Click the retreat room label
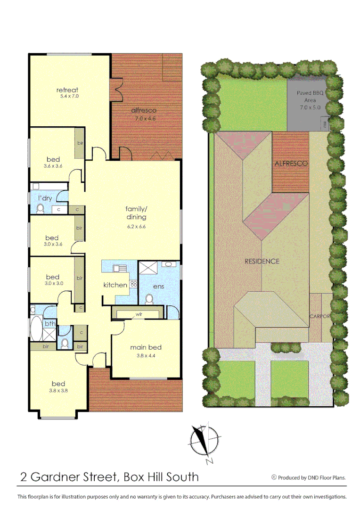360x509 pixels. [67, 90]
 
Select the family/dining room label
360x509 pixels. [136, 213]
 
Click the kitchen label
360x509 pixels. [115, 285]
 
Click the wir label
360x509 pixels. [140, 313]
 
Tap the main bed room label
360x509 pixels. [146, 347]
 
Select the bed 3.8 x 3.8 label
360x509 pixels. [58, 384]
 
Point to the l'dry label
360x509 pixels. [45, 198]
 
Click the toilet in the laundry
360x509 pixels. [40, 209]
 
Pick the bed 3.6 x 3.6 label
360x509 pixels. [53, 159]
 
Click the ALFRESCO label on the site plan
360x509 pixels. [291, 164]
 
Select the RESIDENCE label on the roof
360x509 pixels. [262, 261]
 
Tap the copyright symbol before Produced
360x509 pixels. [274, 477]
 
